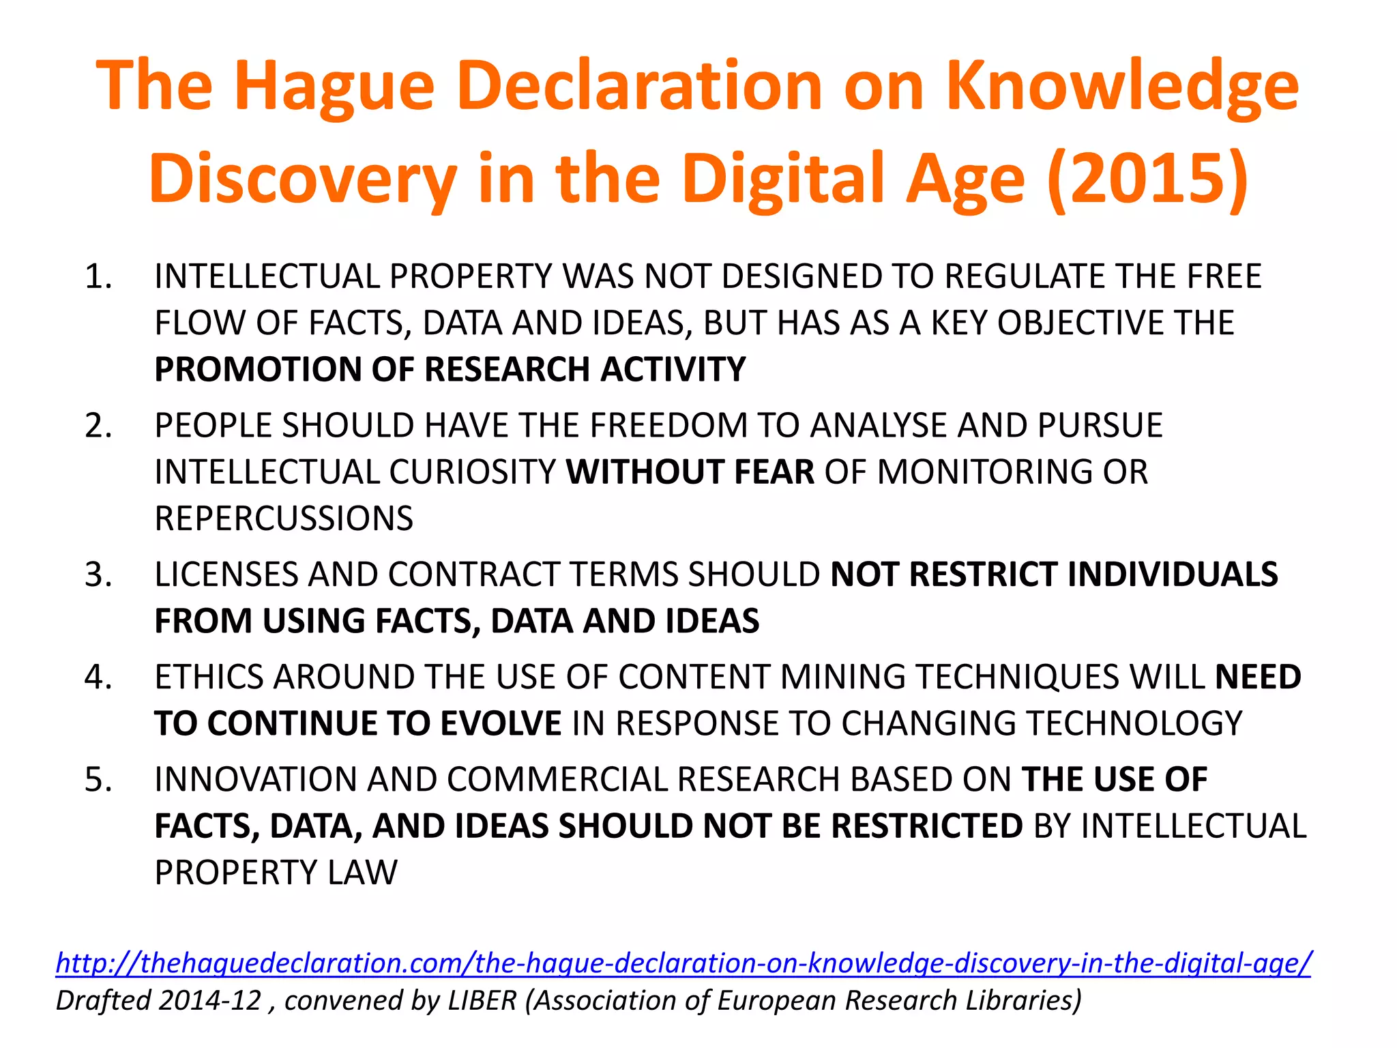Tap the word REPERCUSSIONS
(x=284, y=519)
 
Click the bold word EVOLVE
(x=501, y=723)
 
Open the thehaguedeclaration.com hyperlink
(x=683, y=963)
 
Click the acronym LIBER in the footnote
(x=482, y=1000)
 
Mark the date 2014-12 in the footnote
(x=210, y=1000)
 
